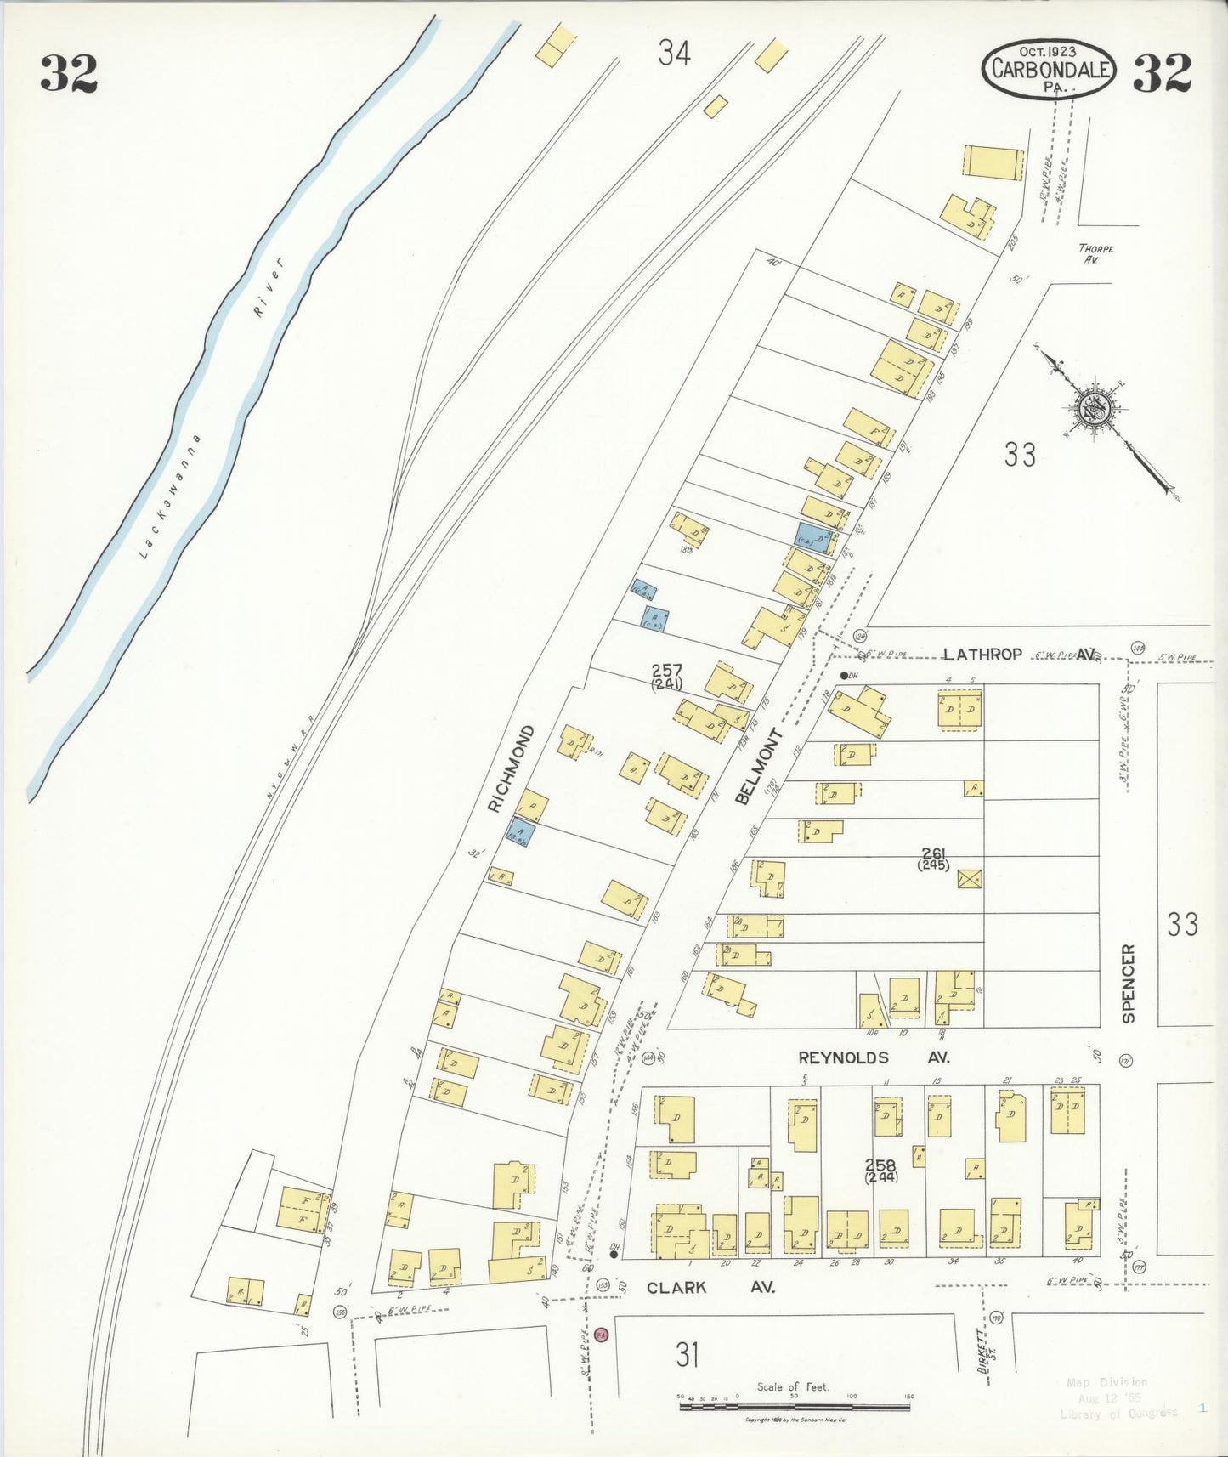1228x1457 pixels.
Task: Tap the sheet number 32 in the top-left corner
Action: pos(69,73)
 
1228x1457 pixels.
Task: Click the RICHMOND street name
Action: pos(511,768)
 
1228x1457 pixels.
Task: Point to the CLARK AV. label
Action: pos(710,1288)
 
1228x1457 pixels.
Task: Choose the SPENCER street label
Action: pos(1128,983)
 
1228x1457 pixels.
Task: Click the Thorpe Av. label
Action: pos(1095,253)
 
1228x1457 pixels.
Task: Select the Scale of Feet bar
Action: pos(794,1407)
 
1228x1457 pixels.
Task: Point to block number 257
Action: pos(667,672)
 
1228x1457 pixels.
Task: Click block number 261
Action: pos(933,854)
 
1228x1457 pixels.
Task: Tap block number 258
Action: pos(879,1165)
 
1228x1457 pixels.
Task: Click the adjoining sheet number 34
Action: pos(674,54)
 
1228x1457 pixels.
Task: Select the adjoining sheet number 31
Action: pos(687,1354)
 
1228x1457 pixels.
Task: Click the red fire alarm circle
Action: pos(602,1335)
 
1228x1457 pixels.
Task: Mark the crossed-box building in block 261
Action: pos(969,878)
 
